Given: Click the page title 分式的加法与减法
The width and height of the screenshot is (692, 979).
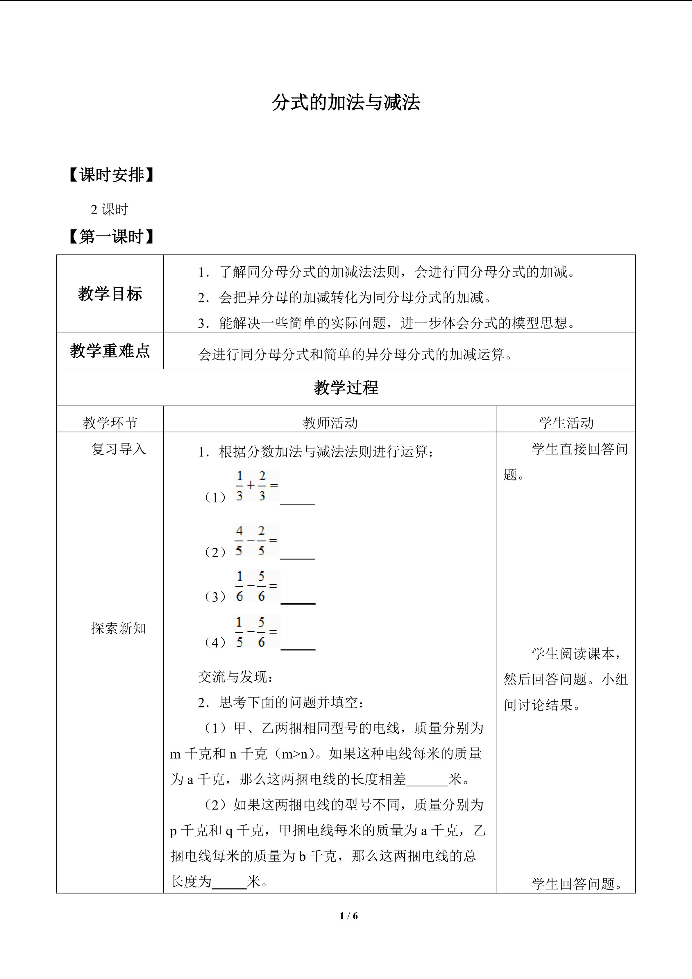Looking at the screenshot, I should (346, 103).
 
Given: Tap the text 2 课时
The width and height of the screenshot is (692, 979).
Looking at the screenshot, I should (109, 209).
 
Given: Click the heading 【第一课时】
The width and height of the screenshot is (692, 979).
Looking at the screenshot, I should (111, 237).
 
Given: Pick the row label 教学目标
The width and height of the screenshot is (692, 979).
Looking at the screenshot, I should (110, 294).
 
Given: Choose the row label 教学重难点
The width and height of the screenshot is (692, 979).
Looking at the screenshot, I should (110, 351).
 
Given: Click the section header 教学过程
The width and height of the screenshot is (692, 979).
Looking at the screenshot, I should (346, 388).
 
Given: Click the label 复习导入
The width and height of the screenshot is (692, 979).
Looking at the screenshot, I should (119, 449).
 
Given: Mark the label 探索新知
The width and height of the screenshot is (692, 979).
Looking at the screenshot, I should (119, 628).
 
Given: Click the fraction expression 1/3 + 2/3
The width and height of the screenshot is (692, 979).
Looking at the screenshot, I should (256, 486).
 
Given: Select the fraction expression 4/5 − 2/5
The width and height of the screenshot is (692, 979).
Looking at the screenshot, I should (256, 541).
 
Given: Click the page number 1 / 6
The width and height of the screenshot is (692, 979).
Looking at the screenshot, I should (348, 915).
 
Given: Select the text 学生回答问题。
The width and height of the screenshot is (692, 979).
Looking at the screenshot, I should (577, 884).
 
